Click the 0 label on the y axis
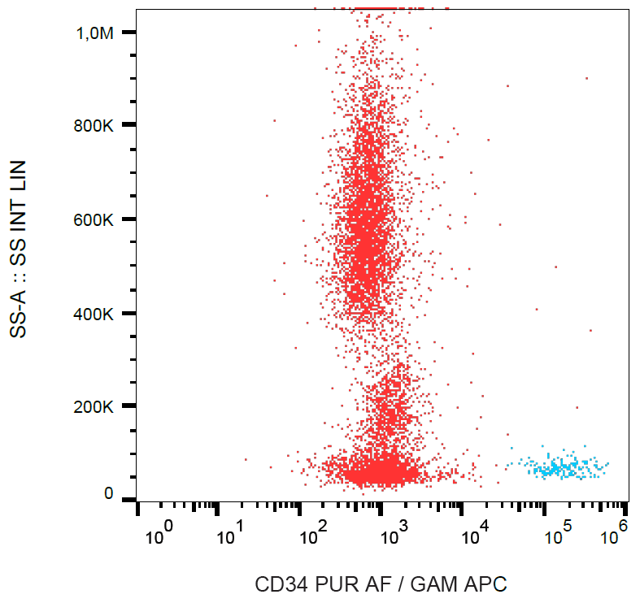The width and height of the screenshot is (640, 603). click(x=108, y=494)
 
